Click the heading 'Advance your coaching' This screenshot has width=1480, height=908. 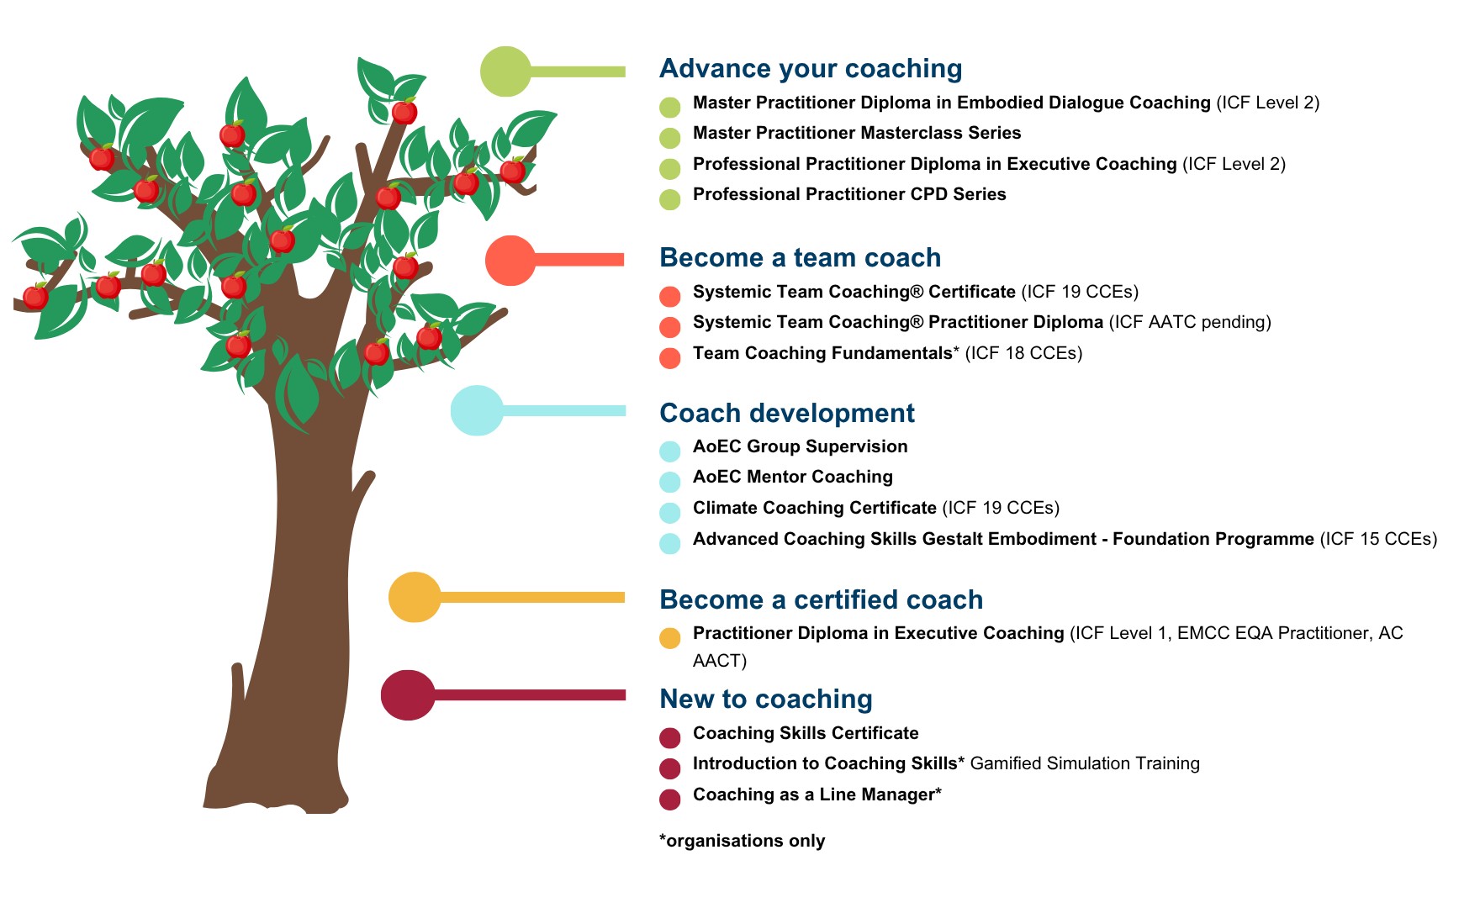(x=810, y=69)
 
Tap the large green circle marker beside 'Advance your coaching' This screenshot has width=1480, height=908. (x=505, y=71)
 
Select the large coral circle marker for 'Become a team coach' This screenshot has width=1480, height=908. (x=510, y=261)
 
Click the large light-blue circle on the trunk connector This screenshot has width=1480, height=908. (x=477, y=410)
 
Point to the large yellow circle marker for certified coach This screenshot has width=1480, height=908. (x=415, y=597)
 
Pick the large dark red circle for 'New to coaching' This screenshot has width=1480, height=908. (x=408, y=695)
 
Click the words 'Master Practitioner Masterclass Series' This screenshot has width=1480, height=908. (x=856, y=133)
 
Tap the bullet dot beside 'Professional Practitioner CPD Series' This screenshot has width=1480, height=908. (x=669, y=199)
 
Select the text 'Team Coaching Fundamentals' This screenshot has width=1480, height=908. (x=822, y=353)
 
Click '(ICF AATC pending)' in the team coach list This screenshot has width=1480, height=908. (x=1189, y=322)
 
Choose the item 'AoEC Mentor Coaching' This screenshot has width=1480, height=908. (x=792, y=477)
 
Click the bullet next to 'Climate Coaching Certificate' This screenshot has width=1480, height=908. (x=669, y=513)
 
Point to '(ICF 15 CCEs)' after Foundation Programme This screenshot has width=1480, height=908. (x=1378, y=539)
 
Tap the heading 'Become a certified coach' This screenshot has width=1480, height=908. (x=821, y=599)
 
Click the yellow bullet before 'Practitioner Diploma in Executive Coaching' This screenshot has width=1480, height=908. (x=669, y=638)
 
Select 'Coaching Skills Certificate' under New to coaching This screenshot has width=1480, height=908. (x=805, y=733)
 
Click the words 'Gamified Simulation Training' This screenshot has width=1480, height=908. (x=1084, y=763)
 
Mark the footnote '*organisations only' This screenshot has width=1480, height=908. (x=742, y=841)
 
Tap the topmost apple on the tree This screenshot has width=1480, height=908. (x=404, y=111)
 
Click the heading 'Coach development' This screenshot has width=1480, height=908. (x=786, y=413)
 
